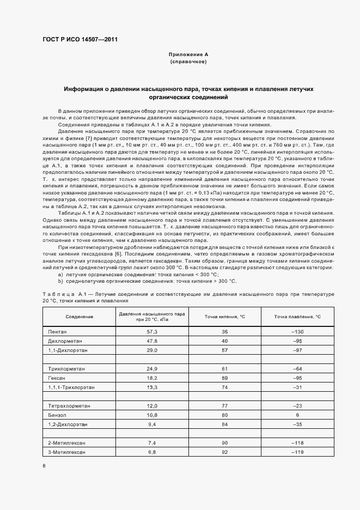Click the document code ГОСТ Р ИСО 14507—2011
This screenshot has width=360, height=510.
point(80,39)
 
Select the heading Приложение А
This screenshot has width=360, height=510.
point(188,55)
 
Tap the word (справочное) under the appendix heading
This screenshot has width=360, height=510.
point(188,62)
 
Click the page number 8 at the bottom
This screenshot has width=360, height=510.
point(44,465)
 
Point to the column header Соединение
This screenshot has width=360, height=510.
point(80,317)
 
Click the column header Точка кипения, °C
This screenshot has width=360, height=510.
point(224,317)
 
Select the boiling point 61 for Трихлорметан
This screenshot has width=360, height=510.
point(224,369)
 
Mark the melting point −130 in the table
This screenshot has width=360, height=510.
point(297,331)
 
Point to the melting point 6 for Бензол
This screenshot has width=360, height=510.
point(297,415)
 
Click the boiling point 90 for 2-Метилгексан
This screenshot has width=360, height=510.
point(224,442)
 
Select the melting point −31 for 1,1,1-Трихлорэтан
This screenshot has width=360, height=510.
point(297,387)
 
